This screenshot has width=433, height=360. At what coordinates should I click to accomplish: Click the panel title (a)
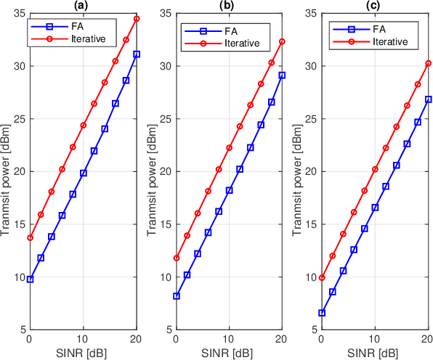83,6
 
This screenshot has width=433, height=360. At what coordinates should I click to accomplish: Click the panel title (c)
374,6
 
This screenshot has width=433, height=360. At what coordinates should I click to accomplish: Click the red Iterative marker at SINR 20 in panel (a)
137,19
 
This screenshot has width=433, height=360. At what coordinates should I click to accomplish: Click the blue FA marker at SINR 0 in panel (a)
30,279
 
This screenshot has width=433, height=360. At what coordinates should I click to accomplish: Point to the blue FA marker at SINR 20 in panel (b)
283,75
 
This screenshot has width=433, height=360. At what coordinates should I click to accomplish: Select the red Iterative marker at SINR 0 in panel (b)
176,258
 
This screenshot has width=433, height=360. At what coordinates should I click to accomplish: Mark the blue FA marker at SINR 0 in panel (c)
321,313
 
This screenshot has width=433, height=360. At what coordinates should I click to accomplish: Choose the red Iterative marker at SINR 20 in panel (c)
429,63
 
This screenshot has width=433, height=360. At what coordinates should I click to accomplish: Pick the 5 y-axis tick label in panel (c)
313,330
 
